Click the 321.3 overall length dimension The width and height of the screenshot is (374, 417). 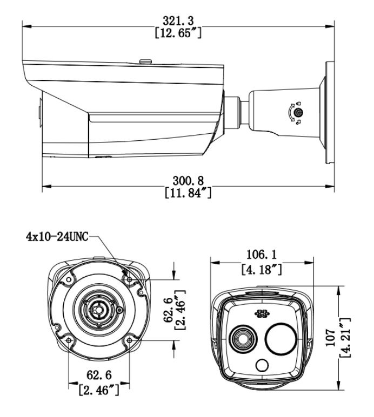(x=177, y=20)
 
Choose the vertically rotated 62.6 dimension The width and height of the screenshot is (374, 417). (x=170, y=311)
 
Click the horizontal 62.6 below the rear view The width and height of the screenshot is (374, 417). (x=98, y=374)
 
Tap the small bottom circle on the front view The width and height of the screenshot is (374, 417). (x=262, y=366)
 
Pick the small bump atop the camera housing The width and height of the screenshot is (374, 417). (x=144, y=61)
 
